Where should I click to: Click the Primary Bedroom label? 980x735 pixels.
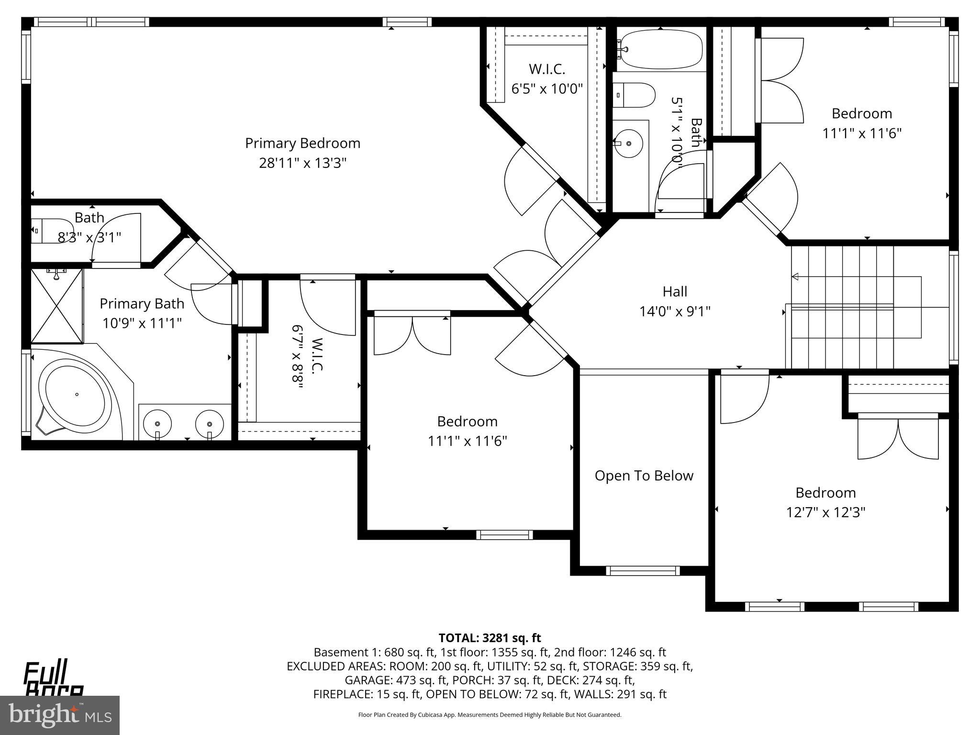(x=302, y=143)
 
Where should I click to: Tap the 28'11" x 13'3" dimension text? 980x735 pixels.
(x=302, y=163)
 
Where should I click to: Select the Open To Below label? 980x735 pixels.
(x=644, y=476)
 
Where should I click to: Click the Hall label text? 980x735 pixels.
(x=675, y=291)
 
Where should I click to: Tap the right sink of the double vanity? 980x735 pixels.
(x=210, y=423)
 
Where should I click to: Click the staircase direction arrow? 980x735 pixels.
(x=795, y=277)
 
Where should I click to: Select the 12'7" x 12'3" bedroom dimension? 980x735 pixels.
(x=825, y=512)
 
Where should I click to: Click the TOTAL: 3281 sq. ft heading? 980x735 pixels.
(x=490, y=638)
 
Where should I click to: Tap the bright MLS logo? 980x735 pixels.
(x=60, y=715)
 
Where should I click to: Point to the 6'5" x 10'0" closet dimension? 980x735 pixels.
(x=547, y=89)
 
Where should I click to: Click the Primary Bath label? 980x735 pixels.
(x=142, y=303)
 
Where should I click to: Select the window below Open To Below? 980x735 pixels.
(x=643, y=570)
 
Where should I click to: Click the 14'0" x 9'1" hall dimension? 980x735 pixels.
(x=675, y=312)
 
